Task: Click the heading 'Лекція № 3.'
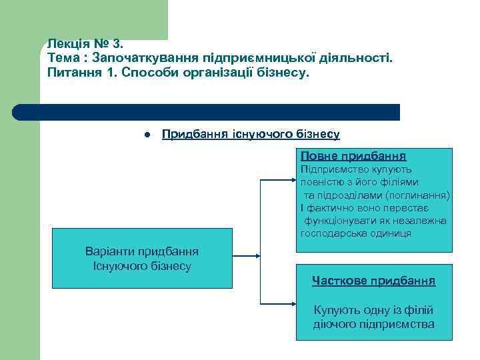[85, 44]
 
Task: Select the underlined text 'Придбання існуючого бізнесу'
[251, 134]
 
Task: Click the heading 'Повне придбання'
[353, 156]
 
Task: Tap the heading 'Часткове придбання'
[373, 281]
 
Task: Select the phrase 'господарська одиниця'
[356, 233]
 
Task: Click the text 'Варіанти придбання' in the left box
[142, 251]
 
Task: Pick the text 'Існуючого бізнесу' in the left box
[142, 266]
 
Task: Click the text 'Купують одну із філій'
[373, 310]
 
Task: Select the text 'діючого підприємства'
[373, 325]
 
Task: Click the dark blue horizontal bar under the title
[207, 112]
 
